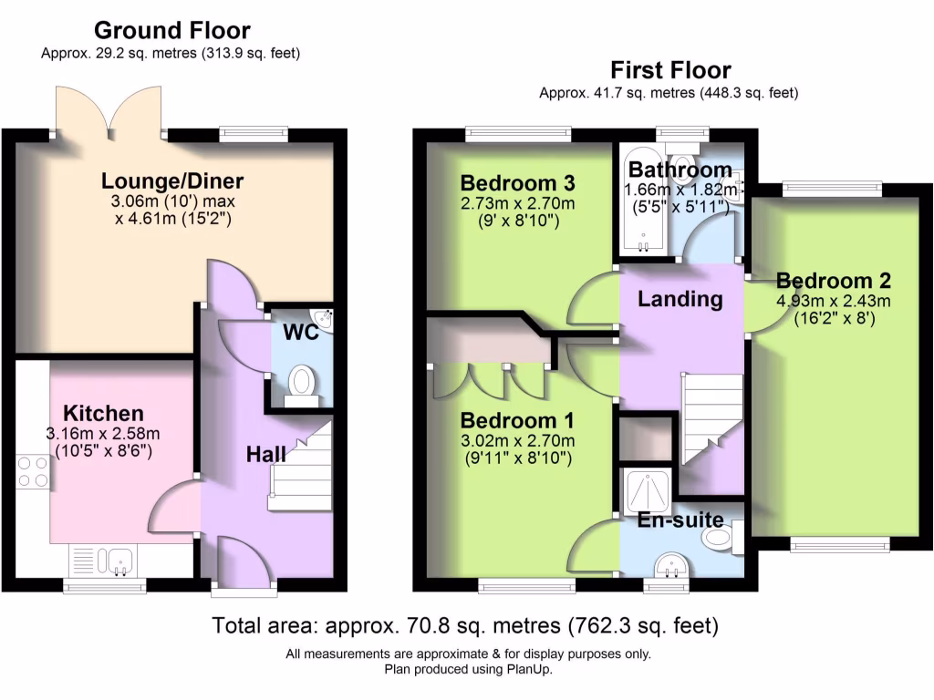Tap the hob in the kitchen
point(33,473)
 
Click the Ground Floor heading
point(171,31)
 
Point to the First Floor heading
point(670,70)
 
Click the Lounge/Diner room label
point(172,180)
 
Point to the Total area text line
point(465,626)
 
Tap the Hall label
point(266,454)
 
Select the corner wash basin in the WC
point(327,318)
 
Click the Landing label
point(680,298)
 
